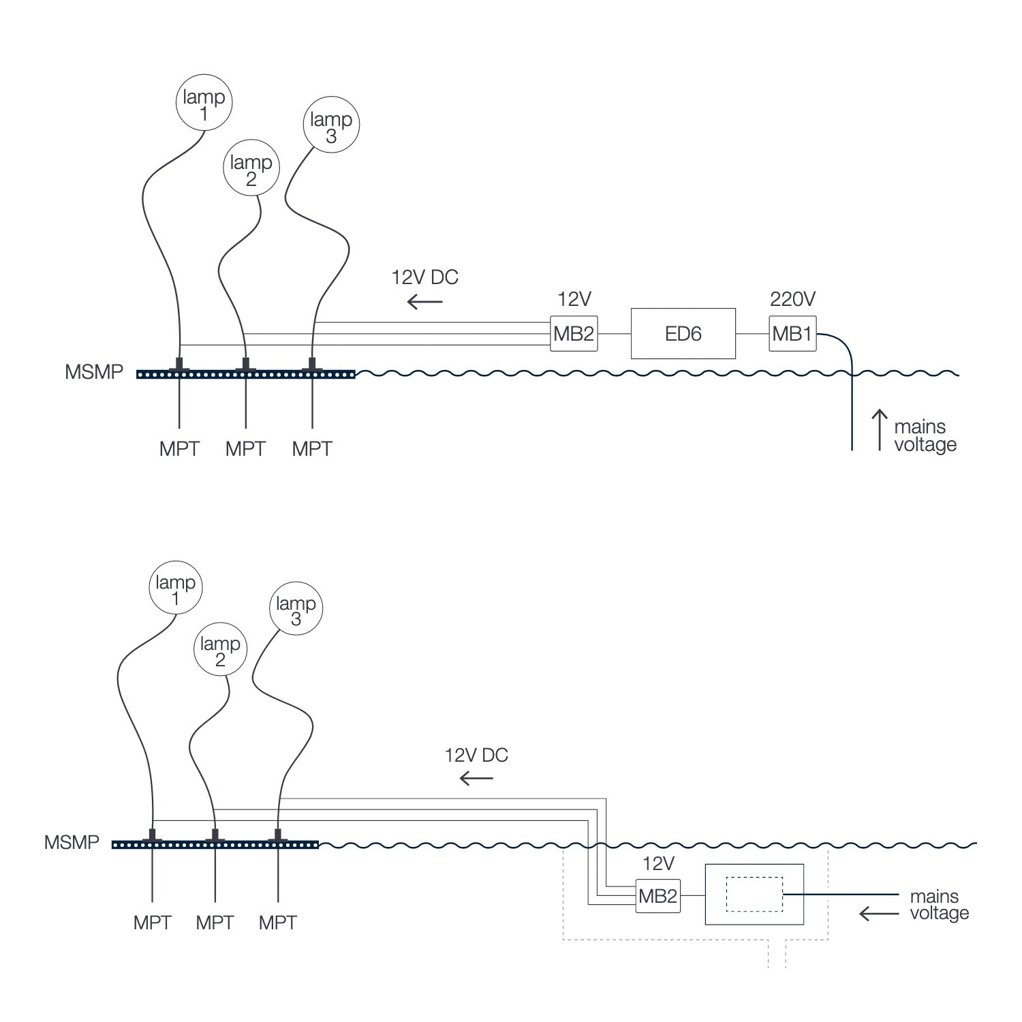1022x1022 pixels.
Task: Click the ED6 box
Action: [683, 333]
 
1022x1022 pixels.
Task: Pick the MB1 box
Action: [792, 333]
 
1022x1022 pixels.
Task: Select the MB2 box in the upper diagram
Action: [574, 333]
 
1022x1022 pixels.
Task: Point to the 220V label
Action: [792, 298]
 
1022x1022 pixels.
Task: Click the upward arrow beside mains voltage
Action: [880, 429]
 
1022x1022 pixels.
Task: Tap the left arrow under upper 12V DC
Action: [424, 301]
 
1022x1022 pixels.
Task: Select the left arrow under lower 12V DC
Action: [476, 777]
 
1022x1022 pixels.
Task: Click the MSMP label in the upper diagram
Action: [94, 372]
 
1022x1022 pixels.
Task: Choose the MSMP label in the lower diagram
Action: [72, 842]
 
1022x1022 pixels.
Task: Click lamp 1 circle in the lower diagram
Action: [176, 589]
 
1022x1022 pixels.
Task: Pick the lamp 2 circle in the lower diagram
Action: [220, 651]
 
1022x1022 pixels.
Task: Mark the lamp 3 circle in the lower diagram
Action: [296, 610]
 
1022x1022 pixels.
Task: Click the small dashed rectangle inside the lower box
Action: [754, 894]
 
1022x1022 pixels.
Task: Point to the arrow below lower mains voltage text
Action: [879, 914]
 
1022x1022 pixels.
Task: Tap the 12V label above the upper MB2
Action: [574, 298]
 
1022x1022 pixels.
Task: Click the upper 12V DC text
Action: [424, 277]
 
